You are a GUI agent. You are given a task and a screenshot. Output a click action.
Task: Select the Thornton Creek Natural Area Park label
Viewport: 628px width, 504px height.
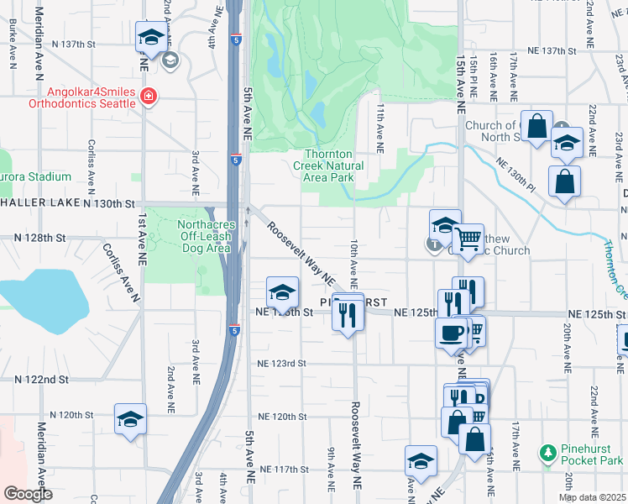tap(333, 165)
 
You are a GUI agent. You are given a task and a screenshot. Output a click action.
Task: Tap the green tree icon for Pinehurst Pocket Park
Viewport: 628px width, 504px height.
tap(548, 454)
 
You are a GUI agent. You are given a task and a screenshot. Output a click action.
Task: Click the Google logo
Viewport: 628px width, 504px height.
tap(28, 494)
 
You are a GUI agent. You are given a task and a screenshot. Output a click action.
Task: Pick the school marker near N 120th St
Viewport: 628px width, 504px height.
tap(130, 418)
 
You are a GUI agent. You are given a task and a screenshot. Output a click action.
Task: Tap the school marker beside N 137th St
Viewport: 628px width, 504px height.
tap(151, 37)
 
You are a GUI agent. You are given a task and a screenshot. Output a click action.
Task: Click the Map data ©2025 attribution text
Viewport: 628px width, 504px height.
tap(593, 497)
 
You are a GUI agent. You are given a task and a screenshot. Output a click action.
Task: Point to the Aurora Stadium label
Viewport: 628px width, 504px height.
tap(37, 177)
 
